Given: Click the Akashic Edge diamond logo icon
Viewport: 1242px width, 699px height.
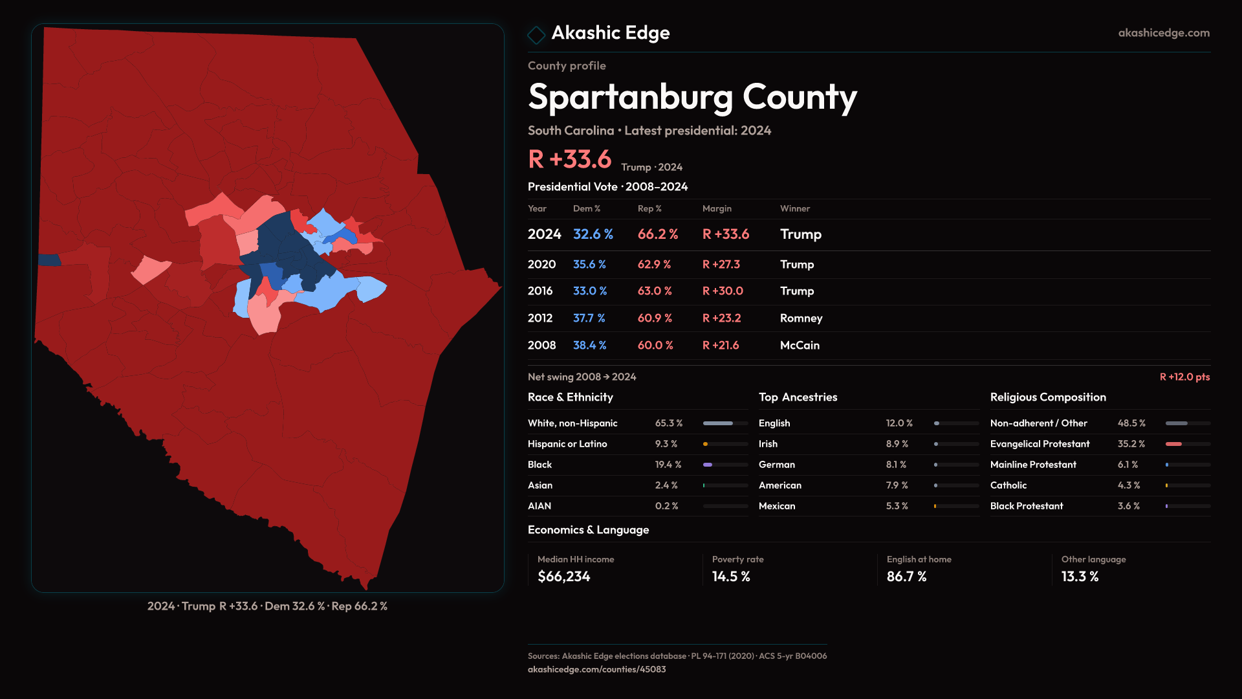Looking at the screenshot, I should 536,34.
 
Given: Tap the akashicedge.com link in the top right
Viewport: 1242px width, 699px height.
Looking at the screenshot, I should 1164,33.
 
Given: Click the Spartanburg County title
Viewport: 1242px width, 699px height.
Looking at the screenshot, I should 692,98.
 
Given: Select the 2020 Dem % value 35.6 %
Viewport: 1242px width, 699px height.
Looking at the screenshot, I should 589,265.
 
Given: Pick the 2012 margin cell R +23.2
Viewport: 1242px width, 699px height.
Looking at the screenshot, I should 721,318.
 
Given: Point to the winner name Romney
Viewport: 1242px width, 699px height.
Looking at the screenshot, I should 801,318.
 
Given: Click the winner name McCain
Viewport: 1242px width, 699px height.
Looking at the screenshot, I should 800,346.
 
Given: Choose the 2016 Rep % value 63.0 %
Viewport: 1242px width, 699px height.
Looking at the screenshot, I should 655,291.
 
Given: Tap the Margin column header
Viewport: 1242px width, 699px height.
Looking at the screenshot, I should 717,208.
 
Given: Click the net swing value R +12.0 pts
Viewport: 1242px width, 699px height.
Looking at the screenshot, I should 1184,377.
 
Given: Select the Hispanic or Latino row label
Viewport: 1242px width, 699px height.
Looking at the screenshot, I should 567,444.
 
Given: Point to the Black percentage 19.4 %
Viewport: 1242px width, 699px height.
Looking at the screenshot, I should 668,465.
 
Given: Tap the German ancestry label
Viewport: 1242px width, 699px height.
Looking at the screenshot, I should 777,465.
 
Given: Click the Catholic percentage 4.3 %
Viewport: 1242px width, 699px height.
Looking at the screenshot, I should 1129,485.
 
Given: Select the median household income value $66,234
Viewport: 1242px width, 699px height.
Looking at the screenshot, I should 564,577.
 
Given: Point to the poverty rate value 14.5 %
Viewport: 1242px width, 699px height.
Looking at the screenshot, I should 731,577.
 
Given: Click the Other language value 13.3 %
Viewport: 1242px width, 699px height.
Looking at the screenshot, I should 1080,577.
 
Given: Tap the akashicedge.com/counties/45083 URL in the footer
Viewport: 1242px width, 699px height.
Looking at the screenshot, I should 596,670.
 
